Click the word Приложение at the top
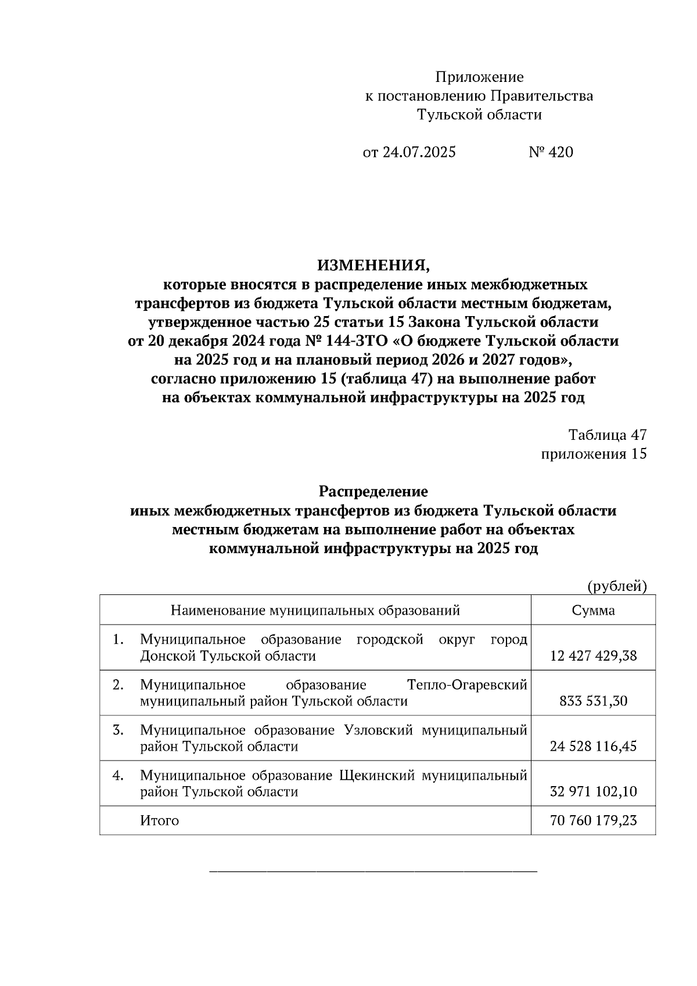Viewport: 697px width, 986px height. coord(479,77)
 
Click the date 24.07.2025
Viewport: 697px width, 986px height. coord(418,152)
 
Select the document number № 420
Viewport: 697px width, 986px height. coord(551,152)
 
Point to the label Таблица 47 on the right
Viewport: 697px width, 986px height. coord(607,435)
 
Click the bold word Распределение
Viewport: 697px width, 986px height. coord(373,492)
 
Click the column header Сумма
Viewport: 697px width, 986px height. coord(593,610)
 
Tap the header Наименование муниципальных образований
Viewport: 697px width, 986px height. coord(315,610)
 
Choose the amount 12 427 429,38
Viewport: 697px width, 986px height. coord(593,656)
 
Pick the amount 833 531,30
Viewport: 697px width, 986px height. coord(593,701)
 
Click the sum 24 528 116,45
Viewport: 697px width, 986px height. coord(593,747)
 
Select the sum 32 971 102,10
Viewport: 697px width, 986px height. coord(593,792)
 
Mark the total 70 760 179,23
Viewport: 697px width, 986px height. coord(593,820)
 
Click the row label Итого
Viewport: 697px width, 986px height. coord(159,820)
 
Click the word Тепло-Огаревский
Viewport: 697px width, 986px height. coord(467,685)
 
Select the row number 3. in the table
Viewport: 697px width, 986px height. coord(118,730)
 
